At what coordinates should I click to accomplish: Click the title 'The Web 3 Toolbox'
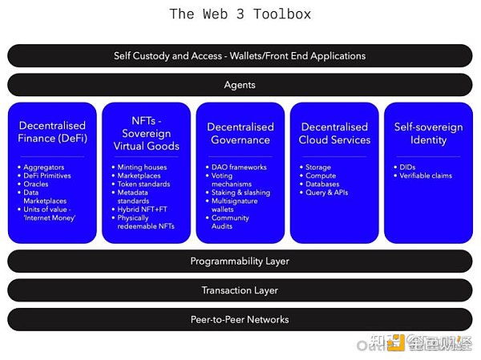[x=240, y=14]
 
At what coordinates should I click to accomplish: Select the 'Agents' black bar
[x=240, y=85]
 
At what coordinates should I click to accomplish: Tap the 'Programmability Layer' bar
[x=240, y=261]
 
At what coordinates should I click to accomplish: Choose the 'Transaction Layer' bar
[x=240, y=290]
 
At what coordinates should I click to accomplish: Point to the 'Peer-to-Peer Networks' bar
[x=240, y=319]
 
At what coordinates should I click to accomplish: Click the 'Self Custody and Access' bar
[x=240, y=56]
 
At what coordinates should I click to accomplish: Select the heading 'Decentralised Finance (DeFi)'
[x=52, y=133]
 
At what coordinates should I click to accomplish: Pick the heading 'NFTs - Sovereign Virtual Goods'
[x=146, y=133]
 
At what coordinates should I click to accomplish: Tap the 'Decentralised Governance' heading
[x=240, y=133]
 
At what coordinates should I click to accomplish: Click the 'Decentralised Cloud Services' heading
[x=334, y=133]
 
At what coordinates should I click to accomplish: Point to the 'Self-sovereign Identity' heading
[x=428, y=133]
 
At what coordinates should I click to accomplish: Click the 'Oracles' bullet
[x=36, y=184]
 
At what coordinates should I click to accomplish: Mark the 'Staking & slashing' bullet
[x=241, y=192]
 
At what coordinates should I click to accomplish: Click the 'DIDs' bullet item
[x=407, y=168]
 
